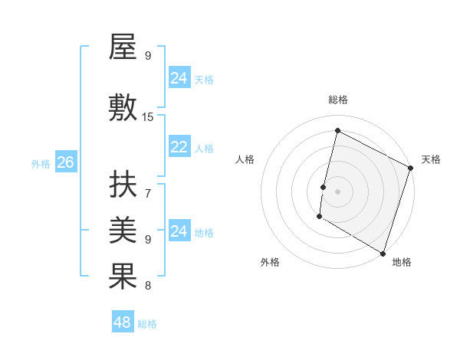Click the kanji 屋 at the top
[x=123, y=48]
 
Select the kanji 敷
[x=123, y=107]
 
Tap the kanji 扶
[x=123, y=185]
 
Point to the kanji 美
[x=123, y=231]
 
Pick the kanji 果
[x=123, y=277]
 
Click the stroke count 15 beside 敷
[x=148, y=117]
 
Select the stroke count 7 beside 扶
[x=148, y=193]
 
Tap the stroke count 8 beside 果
[x=148, y=286]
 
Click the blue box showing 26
[x=65, y=162]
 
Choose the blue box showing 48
[x=122, y=322]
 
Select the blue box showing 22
[x=179, y=148]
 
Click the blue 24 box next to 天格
[x=179, y=78]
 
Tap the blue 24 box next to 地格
[x=179, y=231]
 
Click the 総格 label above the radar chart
[x=338, y=100]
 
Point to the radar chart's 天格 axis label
[x=431, y=159]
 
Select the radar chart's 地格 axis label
[x=402, y=262]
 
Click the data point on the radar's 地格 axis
[x=383, y=253]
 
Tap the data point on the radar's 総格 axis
[x=337, y=131]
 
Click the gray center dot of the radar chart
[x=337, y=191]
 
